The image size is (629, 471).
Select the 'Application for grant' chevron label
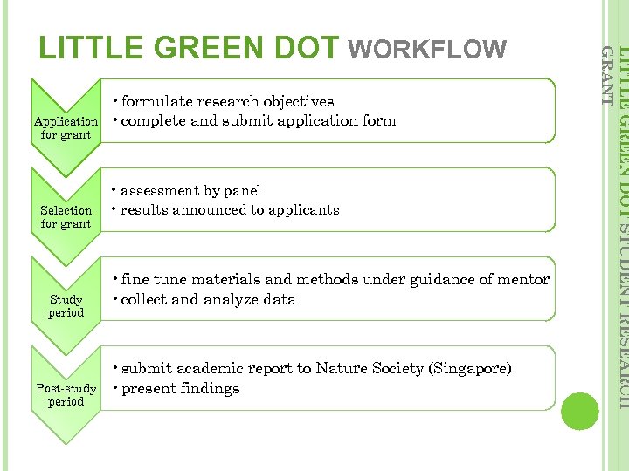pyautogui.click(x=66, y=128)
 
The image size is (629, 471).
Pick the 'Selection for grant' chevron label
pyautogui.click(x=66, y=217)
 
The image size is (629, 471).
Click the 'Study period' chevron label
pyautogui.click(x=66, y=306)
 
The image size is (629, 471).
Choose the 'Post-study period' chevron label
pyautogui.click(x=66, y=395)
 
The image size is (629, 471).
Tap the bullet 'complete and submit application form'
pyautogui.click(x=258, y=121)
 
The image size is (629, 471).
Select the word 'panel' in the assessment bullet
pyautogui.click(x=242, y=190)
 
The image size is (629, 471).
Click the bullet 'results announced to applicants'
pyautogui.click(x=229, y=210)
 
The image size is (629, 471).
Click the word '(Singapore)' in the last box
pyautogui.click(x=469, y=369)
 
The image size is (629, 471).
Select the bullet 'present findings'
pyautogui.click(x=180, y=389)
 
